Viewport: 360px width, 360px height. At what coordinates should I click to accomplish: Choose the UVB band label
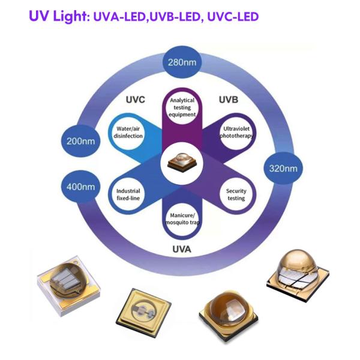click(x=229, y=99)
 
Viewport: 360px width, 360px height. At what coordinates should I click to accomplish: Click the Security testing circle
click(x=235, y=194)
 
